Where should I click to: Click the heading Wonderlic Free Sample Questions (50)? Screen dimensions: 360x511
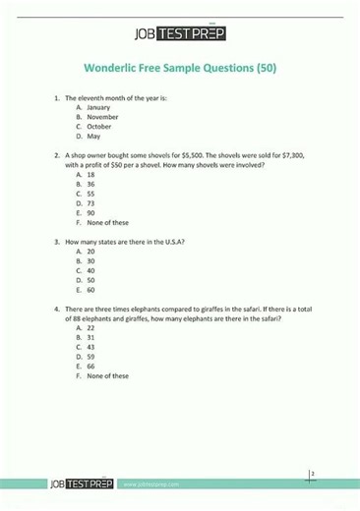[179, 69]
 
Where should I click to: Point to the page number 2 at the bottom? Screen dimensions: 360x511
[312, 475]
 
